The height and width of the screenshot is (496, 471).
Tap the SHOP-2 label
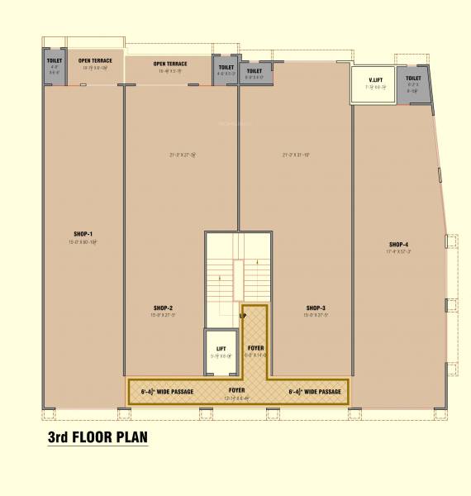(162, 308)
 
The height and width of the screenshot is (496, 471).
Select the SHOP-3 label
(315, 308)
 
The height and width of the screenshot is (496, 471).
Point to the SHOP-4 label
(399, 244)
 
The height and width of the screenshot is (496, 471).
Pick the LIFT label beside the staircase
(221, 349)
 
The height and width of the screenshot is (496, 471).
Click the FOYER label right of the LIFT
(255, 348)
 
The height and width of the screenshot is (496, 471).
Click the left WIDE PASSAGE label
(168, 390)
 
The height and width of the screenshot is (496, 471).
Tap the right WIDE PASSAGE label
(314, 390)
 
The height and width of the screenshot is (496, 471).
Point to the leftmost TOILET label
(55, 60)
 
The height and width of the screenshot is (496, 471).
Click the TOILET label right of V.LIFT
(413, 78)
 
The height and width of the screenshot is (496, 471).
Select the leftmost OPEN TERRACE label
(96, 60)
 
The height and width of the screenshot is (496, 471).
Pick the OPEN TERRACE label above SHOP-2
(169, 64)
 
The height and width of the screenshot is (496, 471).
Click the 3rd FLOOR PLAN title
(98, 436)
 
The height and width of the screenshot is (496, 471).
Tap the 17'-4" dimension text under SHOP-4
(399, 251)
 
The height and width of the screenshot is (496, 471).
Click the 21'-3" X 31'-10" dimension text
(295, 154)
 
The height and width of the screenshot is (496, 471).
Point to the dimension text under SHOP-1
(83, 241)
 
